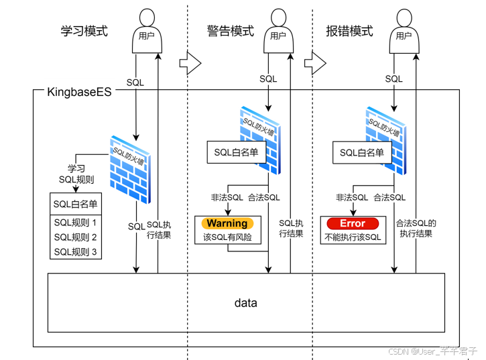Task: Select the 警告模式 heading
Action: [x=230, y=31]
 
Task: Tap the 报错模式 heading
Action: [x=349, y=31]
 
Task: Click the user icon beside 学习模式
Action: [x=146, y=31]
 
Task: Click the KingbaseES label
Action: [x=79, y=91]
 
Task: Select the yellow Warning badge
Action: [x=227, y=223]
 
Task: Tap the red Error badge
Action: [x=353, y=223]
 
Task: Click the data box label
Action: [x=245, y=303]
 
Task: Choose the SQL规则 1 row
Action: [x=75, y=223]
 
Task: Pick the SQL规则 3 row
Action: [x=75, y=252]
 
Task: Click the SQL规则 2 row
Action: [x=75, y=237]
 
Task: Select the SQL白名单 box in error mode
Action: [x=361, y=152]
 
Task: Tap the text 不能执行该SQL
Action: [x=353, y=237]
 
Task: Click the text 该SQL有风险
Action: [x=227, y=237]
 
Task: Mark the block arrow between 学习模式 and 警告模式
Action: [x=190, y=64]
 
